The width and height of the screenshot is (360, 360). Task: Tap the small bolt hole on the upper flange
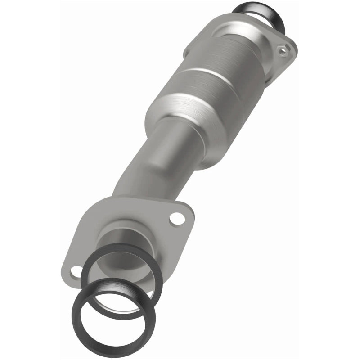coord(282,51)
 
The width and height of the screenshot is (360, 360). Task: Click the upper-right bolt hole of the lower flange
coord(177,219)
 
